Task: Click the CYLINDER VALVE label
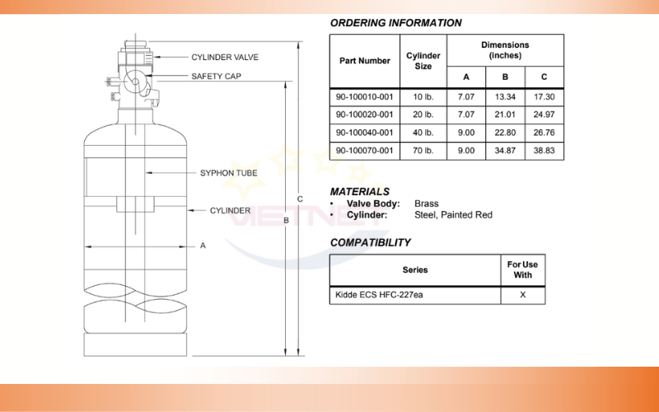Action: [225, 57]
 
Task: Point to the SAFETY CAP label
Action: [216, 76]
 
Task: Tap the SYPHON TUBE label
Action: [229, 173]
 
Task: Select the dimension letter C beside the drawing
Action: [300, 199]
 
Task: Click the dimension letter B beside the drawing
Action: [286, 220]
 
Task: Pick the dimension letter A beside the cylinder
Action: [203, 246]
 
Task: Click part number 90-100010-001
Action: [364, 96]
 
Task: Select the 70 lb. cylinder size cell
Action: [423, 151]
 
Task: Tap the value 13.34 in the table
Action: [505, 96]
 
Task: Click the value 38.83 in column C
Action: [544, 151]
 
